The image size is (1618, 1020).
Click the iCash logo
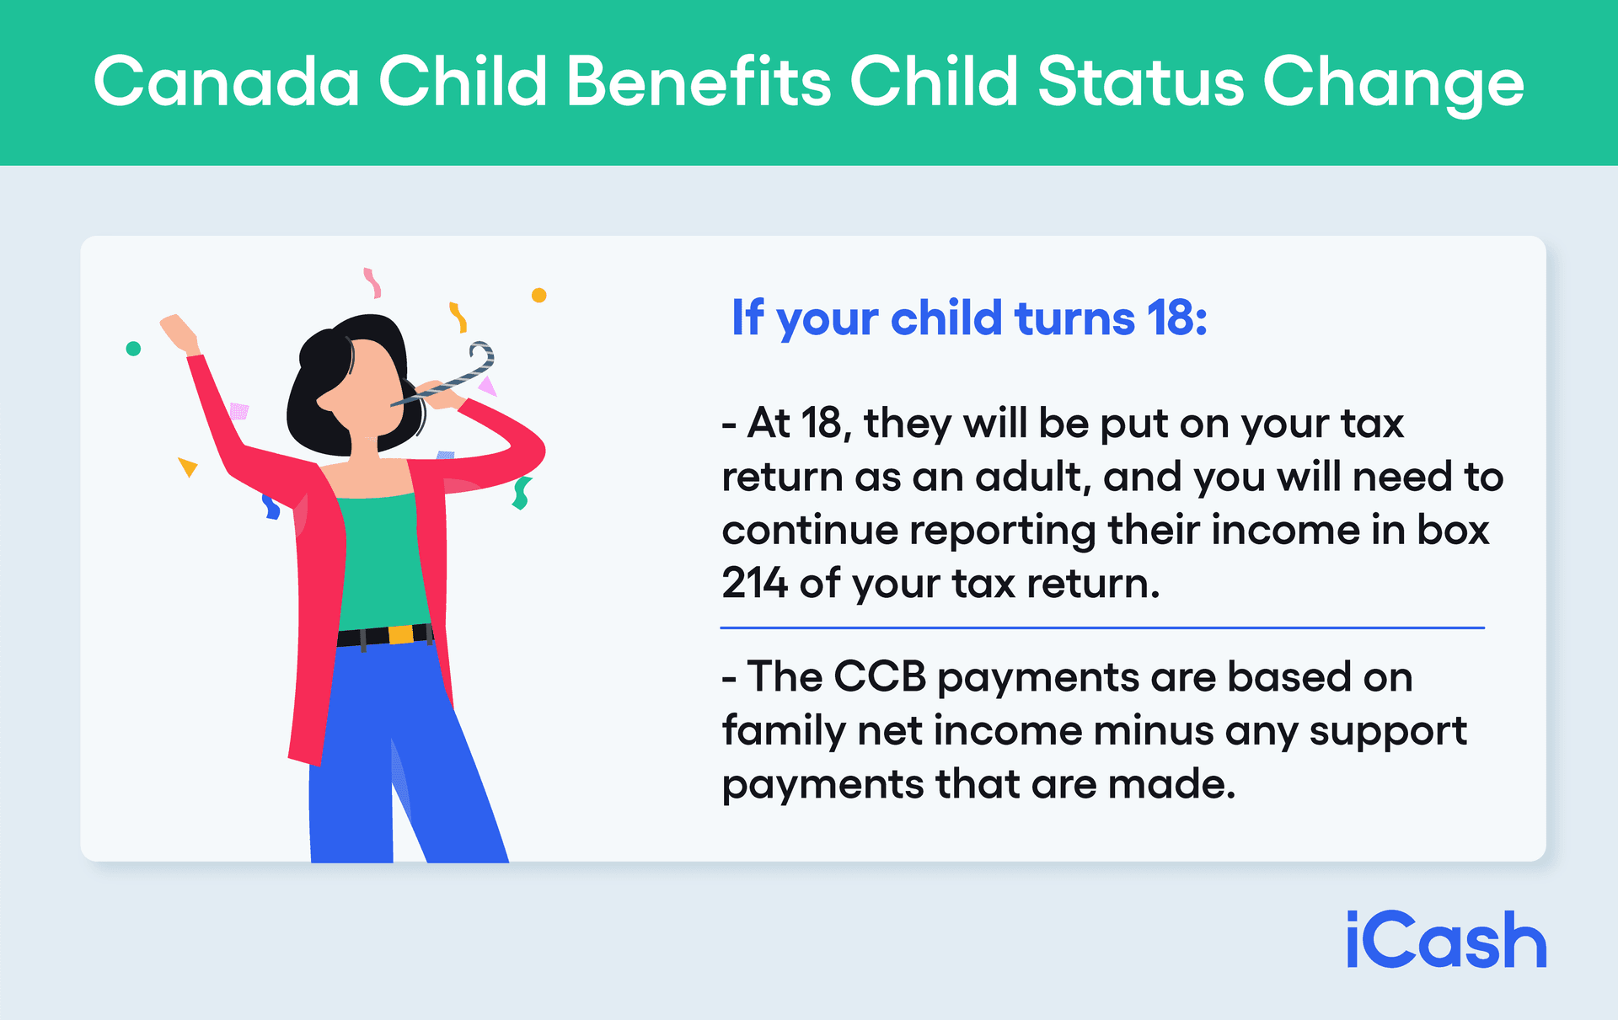point(1446,940)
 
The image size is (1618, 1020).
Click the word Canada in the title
point(226,82)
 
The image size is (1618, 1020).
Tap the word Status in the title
point(1140,82)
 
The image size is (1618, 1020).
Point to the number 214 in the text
point(754,583)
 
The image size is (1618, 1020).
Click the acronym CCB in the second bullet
point(880,676)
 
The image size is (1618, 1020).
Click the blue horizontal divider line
point(1101,627)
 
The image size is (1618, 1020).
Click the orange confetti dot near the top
point(539,295)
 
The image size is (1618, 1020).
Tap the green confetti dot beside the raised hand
point(133,349)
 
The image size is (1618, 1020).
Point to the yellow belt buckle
point(401,634)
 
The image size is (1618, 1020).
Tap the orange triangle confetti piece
point(187,467)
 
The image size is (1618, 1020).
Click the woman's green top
point(383,560)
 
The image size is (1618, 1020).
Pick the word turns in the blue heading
point(1074,318)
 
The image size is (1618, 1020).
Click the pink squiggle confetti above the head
point(372,282)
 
